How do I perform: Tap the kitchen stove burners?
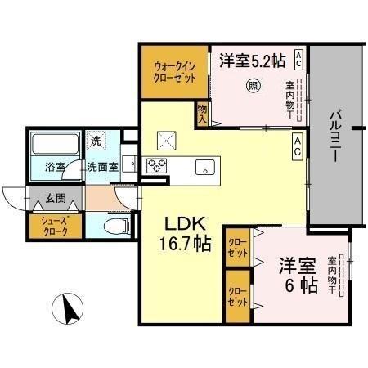tap(156, 166)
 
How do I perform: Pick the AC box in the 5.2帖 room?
tap(299, 59)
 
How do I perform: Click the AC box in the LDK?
tap(299, 147)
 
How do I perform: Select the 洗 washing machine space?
tap(96, 141)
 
